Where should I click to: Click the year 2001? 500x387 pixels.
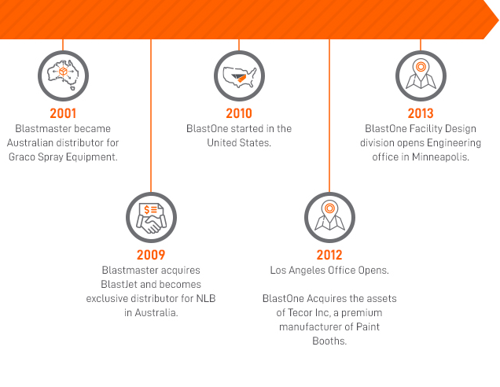click(63, 113)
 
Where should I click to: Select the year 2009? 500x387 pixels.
click(151, 255)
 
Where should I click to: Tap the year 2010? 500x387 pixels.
click(239, 113)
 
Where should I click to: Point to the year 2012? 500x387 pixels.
click(329, 255)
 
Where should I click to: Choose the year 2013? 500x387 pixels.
click(421, 113)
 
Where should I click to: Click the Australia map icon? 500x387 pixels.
click(63, 76)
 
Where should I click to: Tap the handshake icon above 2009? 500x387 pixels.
click(151, 218)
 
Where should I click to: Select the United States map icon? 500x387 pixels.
click(239, 77)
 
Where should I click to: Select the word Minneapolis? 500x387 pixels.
click(440, 157)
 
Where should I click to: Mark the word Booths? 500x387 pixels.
click(329, 341)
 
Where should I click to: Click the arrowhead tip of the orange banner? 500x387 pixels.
click(498, 20)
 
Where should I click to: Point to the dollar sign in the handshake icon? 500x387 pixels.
click(147, 209)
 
